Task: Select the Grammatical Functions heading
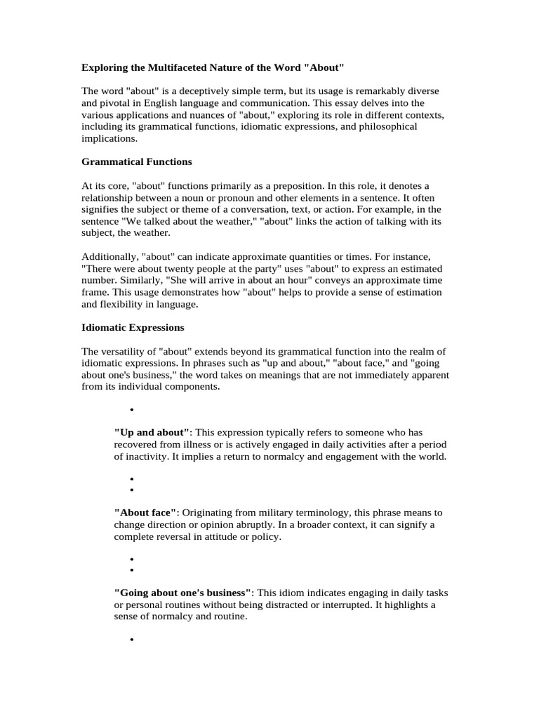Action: point(137,161)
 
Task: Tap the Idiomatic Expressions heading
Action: point(133,327)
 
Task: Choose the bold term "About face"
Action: point(145,513)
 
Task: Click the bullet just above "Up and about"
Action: point(132,409)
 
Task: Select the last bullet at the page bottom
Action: point(132,640)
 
